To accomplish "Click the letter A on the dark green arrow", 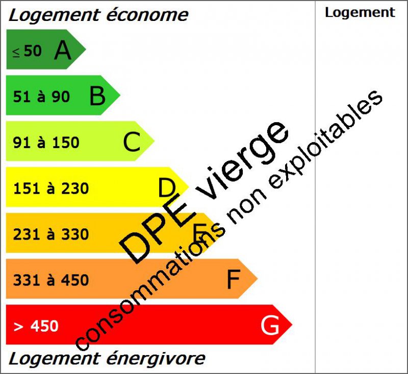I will [x=62, y=50].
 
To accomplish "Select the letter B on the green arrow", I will [x=97, y=96].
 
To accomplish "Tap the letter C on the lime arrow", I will [x=132, y=142].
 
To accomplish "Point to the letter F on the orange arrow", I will [x=233, y=279].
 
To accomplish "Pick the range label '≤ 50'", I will [x=27, y=51].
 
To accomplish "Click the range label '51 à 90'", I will [x=41, y=97].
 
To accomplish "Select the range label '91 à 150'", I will [x=46, y=143].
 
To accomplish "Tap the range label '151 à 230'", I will [x=51, y=189].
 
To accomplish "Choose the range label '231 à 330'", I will [x=51, y=235].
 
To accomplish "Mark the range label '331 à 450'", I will [x=51, y=280].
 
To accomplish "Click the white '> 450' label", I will [x=36, y=326].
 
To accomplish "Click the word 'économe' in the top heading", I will [x=147, y=15].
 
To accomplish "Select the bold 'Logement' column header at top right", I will [x=360, y=13].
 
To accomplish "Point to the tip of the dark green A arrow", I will [x=85, y=50].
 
